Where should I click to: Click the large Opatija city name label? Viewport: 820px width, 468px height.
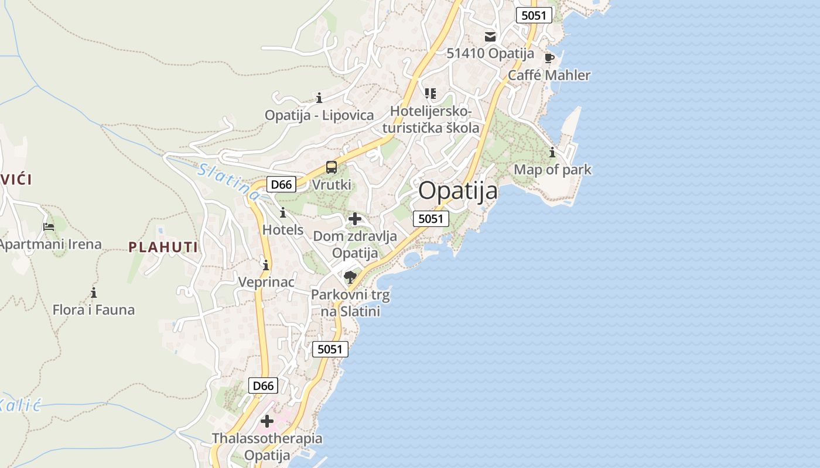458,191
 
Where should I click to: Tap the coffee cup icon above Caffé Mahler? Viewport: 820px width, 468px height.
549,58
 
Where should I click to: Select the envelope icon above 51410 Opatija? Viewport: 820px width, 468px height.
490,37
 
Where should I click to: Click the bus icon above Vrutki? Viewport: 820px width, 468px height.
332,167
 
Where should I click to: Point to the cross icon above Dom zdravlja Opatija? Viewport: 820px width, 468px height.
355,219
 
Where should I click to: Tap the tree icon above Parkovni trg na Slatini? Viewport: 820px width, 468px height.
350,277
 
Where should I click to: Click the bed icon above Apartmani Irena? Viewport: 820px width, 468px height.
49,226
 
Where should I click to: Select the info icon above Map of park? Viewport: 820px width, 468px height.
552,153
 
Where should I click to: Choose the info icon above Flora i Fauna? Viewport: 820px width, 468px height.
94,292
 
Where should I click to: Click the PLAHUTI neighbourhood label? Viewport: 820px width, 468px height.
163,247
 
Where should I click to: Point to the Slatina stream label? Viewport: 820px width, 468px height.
229,181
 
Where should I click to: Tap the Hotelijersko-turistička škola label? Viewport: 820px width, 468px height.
435,119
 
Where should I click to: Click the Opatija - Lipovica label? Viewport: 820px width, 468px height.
319,115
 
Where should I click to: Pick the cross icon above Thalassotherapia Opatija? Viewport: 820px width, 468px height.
267,421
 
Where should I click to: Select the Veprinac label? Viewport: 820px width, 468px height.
266,282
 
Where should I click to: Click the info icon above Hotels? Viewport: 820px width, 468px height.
283,212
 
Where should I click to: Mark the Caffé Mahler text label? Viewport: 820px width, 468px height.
549,75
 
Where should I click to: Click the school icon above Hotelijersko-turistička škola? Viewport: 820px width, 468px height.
431,93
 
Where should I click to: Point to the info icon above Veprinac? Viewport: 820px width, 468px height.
266,265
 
